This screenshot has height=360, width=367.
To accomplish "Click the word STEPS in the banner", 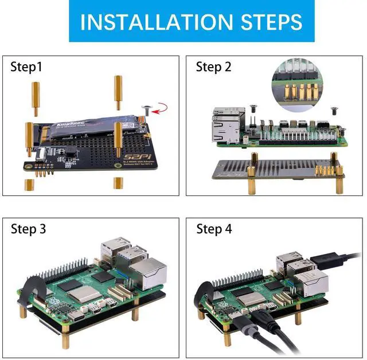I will pos(267,22).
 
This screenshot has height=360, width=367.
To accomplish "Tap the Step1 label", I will pos(26,67).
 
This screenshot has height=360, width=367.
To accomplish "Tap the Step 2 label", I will pos(213,67).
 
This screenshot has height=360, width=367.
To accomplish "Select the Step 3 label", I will pos(28,229).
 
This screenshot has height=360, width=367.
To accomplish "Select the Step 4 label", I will pos(214,229).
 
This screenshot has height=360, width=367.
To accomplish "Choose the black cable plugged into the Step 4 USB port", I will pos(333,260).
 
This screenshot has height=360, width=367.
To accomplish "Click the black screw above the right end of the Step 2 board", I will pos(332,107).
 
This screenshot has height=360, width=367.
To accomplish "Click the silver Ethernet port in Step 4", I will pos(315,282).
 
